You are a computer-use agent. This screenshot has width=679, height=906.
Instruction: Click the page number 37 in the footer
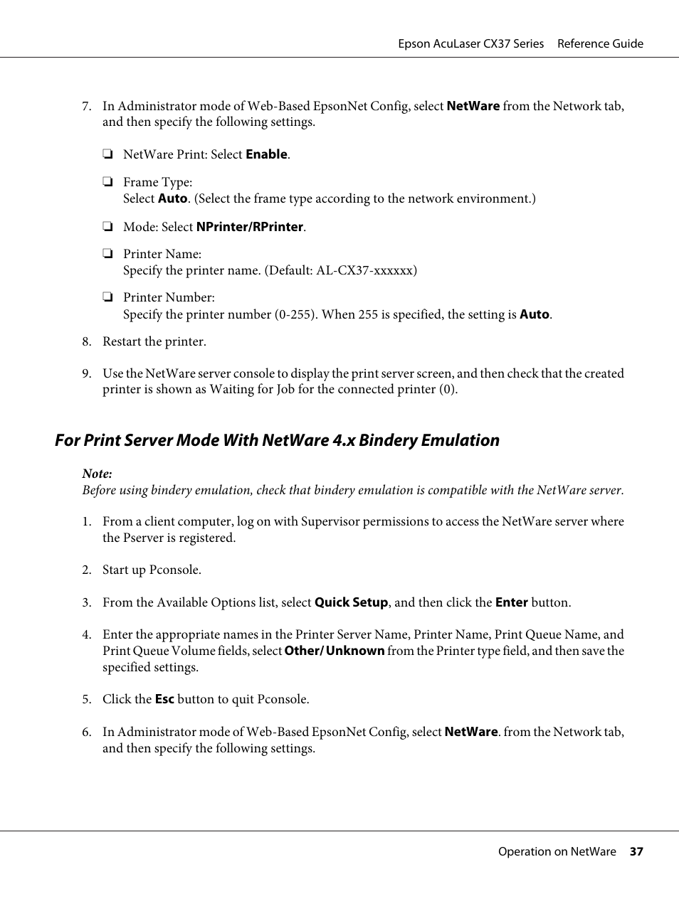(636, 851)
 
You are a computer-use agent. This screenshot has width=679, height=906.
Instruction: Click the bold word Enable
(266, 154)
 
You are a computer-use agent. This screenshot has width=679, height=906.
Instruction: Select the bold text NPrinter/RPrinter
(250, 227)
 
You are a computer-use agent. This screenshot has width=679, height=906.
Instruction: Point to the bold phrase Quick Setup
(351, 602)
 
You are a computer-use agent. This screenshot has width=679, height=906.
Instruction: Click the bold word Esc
(164, 699)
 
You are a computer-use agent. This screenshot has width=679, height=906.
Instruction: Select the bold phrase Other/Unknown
(334, 651)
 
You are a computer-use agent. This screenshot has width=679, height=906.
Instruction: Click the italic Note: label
(97, 474)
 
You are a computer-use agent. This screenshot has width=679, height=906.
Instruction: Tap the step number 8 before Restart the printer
(86, 341)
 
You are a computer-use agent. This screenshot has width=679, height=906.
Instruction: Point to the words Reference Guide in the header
(600, 43)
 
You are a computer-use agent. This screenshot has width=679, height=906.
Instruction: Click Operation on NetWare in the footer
(557, 851)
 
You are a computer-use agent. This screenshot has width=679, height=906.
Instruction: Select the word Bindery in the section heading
(388, 440)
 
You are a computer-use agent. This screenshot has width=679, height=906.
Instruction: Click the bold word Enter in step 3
(511, 602)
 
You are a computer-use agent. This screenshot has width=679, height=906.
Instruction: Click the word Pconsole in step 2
(174, 570)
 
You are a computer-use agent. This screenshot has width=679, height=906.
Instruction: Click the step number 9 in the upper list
(86, 373)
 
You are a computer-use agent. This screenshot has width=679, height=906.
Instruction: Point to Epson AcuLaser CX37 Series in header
(470, 43)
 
